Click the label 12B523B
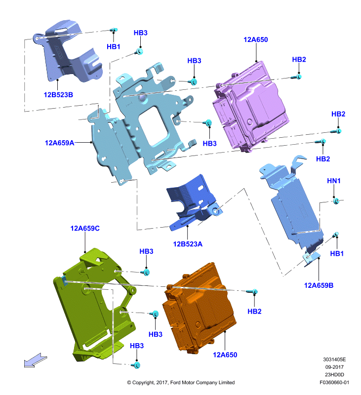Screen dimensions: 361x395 (58, 95)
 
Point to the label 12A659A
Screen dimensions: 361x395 (59, 143)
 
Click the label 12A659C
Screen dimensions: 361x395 (85, 228)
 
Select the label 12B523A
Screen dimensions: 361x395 (188, 244)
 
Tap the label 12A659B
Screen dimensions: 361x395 (319, 285)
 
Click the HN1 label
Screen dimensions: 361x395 (334, 181)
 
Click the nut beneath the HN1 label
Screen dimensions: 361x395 (336, 201)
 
